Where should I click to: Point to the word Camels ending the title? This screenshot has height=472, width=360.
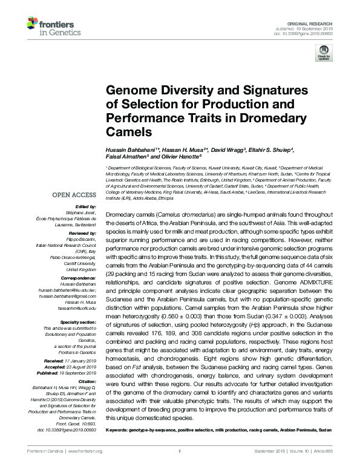[128, 131]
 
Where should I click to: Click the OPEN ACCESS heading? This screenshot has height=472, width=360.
[74, 195]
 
